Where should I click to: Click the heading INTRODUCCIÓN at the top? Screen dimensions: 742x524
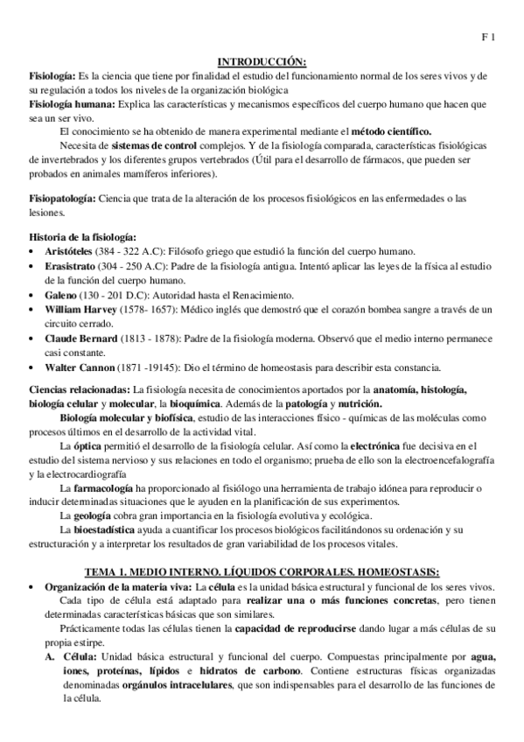coord(262,60)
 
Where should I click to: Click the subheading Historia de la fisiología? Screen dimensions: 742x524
coord(82,237)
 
